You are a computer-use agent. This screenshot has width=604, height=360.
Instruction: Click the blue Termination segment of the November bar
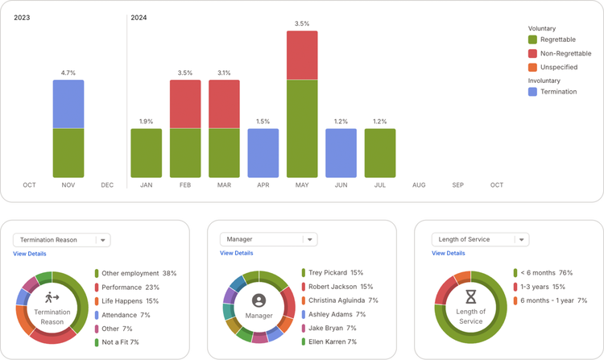pos(68,104)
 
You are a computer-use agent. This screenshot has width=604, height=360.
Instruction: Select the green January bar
pos(147,153)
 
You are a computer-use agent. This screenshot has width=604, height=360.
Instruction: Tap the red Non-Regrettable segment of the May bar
pos(302,55)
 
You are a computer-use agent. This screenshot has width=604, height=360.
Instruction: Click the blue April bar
pos(263,153)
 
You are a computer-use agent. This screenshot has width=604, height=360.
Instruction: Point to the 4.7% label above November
pos(68,72)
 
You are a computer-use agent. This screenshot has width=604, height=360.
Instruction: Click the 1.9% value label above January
pos(147,122)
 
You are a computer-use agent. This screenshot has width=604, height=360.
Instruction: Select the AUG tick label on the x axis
pos(419,185)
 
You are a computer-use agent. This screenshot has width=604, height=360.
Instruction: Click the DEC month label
pos(107,185)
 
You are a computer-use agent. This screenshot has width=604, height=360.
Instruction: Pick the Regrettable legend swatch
pos(533,39)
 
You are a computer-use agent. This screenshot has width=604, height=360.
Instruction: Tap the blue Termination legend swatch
pos(533,92)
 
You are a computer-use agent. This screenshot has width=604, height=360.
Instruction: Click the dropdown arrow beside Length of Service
pos(520,240)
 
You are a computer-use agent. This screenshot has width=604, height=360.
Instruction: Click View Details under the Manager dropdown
pos(237,253)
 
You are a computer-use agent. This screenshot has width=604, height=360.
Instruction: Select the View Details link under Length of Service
pos(449,253)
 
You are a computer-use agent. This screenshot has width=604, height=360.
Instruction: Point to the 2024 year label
pos(139,17)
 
